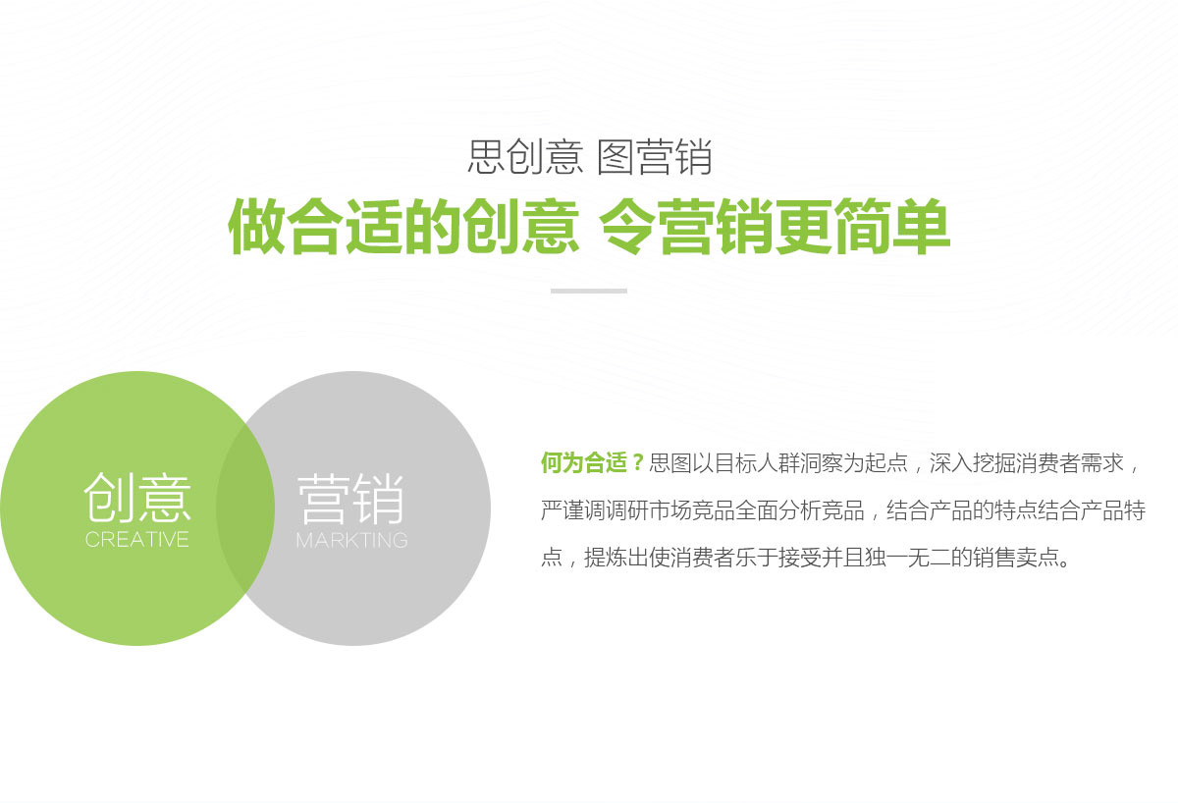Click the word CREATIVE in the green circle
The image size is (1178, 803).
click(136, 540)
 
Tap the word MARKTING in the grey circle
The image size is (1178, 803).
click(351, 540)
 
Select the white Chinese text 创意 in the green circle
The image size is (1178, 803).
click(136, 497)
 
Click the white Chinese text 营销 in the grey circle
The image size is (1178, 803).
click(350, 498)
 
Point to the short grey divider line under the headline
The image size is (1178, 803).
click(589, 291)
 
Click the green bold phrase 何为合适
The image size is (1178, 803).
click(584, 462)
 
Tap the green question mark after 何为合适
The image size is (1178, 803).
click(638, 462)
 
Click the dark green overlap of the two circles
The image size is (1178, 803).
click(245, 509)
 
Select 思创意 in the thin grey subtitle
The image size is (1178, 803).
click(525, 157)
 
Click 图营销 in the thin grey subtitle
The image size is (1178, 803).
click(655, 157)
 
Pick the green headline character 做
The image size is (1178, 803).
click(255, 227)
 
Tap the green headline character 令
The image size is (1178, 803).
click(627, 227)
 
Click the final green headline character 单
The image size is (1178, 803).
click(922, 227)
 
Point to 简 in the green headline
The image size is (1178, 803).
click(863, 227)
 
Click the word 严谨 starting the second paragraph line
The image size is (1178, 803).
click(562, 510)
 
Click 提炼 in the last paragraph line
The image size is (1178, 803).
click(606, 558)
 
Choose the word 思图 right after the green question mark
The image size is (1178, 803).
click(669, 462)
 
